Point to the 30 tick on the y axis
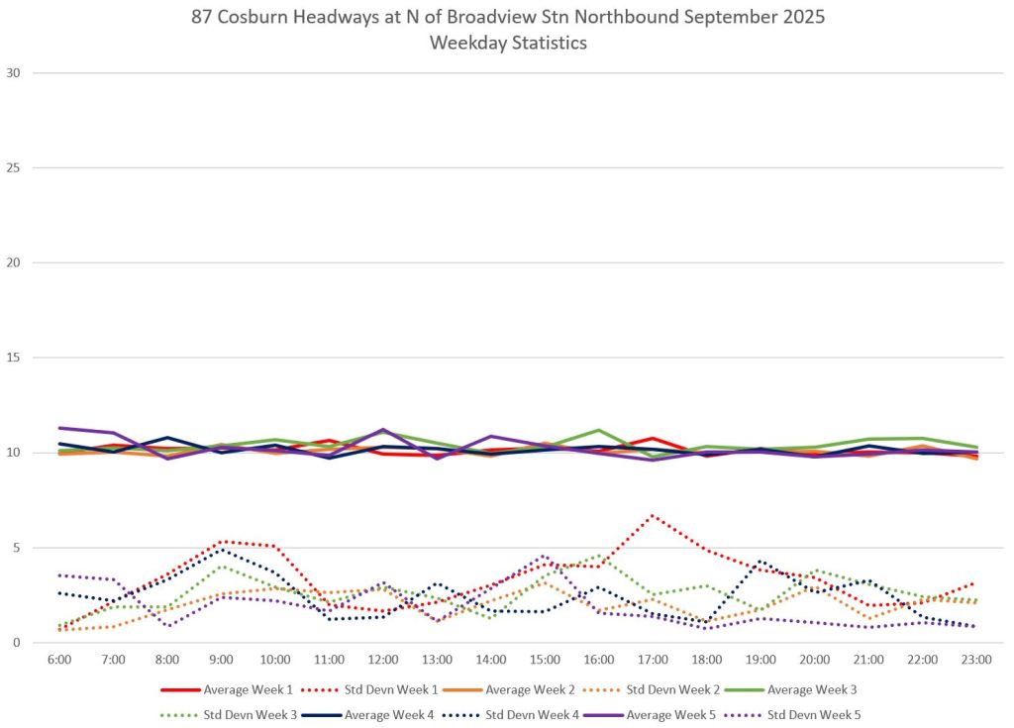[14, 72]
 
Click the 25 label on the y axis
[14, 167]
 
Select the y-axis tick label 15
[14, 358]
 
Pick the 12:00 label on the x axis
[383, 659]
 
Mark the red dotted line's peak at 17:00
[652, 515]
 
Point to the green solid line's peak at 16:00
[598, 430]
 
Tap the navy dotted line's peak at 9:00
[222, 549]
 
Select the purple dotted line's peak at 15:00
[544, 556]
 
